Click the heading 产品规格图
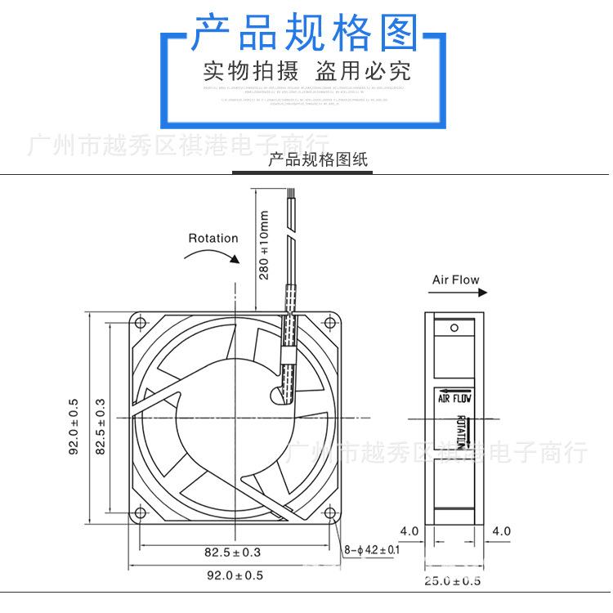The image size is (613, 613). click(x=304, y=34)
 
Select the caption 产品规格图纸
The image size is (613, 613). click(x=319, y=160)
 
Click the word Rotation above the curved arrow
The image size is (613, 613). click(x=213, y=239)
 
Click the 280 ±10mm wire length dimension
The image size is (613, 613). click(x=264, y=245)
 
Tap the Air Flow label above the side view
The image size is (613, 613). click(x=456, y=280)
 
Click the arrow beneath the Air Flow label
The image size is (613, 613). click(x=454, y=295)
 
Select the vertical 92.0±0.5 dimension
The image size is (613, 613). click(x=73, y=426)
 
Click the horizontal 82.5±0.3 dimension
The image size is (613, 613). click(x=236, y=553)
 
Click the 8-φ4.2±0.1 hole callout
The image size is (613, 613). click(x=372, y=550)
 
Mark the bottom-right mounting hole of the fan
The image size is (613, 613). click(x=330, y=513)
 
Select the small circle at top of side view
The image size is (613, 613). click(x=455, y=328)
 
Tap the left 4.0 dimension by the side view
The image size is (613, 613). click(x=409, y=531)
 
